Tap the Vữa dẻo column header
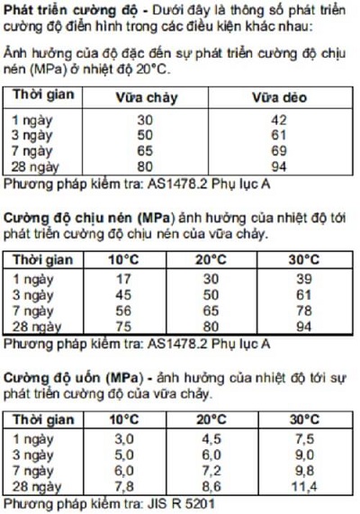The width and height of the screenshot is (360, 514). click(x=278, y=96)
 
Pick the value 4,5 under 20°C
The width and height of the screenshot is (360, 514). click(x=211, y=438)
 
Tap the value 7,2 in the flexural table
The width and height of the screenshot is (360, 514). click(x=211, y=470)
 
